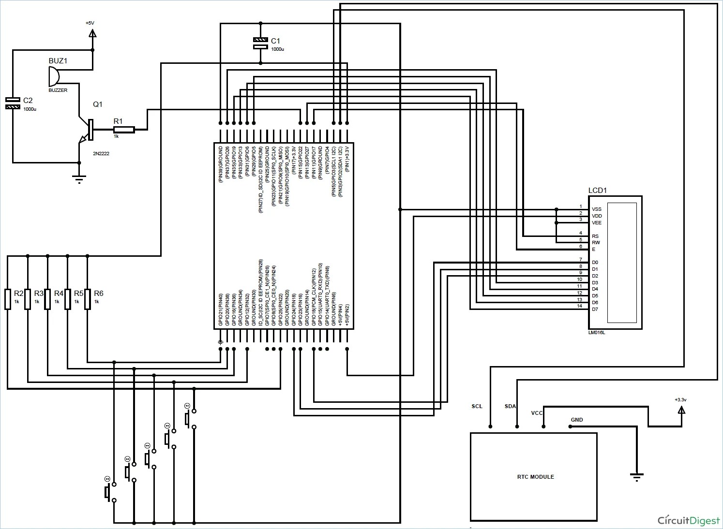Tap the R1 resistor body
124,130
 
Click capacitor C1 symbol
260,43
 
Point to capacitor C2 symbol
13,103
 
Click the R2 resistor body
8,299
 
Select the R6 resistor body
88,299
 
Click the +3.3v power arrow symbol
681,410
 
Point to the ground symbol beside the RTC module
636,477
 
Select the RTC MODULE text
535,477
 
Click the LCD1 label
597,191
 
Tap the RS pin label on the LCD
595,236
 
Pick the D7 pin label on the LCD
595,309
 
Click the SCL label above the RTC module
477,406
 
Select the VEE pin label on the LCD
597,223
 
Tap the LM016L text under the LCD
597,333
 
